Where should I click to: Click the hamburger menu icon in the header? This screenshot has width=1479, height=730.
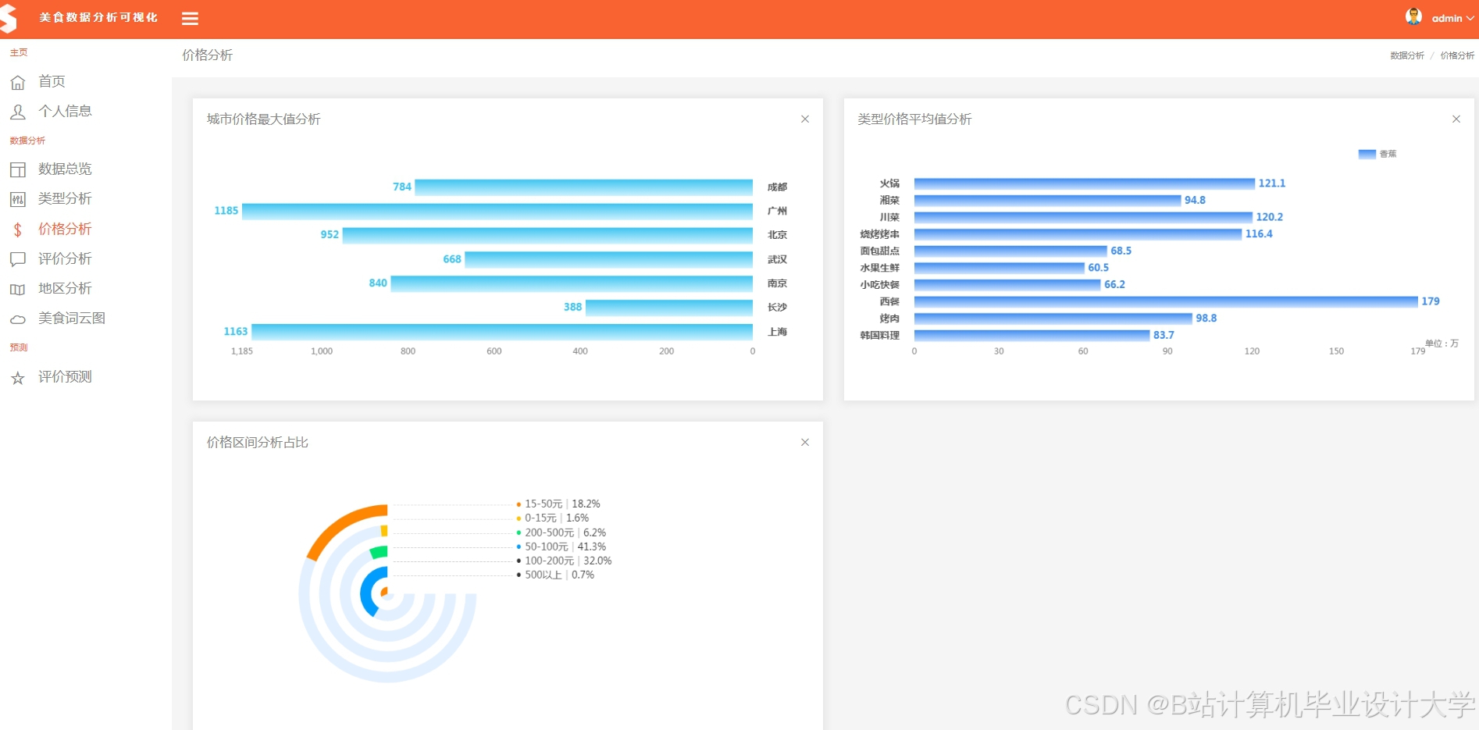click(x=190, y=19)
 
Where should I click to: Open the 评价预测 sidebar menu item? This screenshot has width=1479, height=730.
click(x=65, y=377)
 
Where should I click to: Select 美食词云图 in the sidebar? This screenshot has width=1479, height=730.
click(x=71, y=319)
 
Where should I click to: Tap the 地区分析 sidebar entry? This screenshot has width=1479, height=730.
click(x=65, y=289)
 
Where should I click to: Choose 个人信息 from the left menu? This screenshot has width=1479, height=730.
click(x=65, y=112)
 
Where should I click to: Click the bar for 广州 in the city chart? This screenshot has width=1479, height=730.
click(x=497, y=211)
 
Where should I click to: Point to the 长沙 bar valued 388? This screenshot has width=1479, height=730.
click(x=668, y=308)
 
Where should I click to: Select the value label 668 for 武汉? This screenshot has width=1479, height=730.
click(x=451, y=259)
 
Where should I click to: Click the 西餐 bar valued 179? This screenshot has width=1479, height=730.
click(x=1165, y=301)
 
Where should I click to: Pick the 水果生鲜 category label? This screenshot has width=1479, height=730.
click(x=879, y=268)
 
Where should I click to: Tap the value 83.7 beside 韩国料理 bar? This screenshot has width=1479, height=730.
click(x=1164, y=335)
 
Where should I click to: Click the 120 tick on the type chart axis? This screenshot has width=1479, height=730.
click(x=1252, y=351)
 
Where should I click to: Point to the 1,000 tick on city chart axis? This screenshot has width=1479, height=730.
click(x=322, y=351)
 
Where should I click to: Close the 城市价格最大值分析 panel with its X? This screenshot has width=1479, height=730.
click(x=805, y=119)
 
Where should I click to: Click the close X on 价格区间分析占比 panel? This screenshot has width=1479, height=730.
click(x=805, y=443)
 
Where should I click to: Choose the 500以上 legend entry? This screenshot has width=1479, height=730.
click(x=555, y=575)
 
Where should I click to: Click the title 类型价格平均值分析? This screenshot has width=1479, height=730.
click(x=914, y=119)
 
